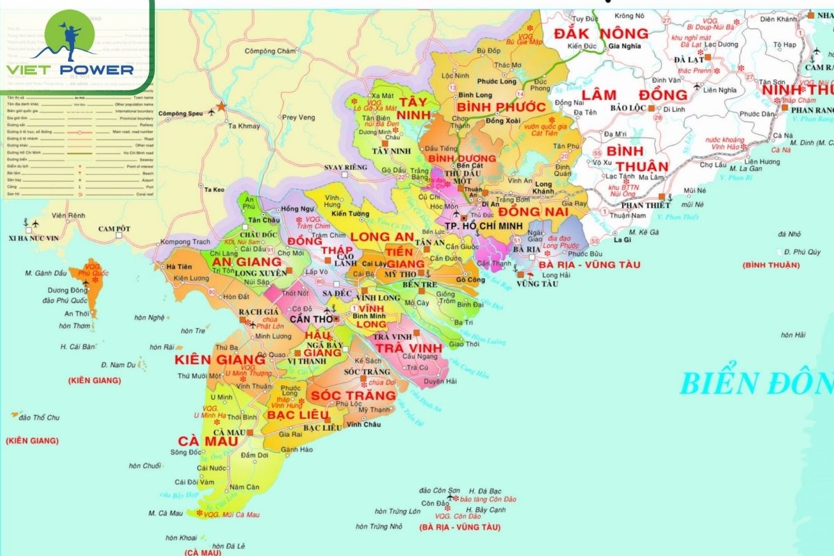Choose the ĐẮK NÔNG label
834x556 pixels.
[x=600, y=33]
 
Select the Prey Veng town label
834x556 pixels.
[x=298, y=117]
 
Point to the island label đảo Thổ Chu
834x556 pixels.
[x=40, y=417]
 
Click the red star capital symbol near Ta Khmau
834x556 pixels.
[x=222, y=107]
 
